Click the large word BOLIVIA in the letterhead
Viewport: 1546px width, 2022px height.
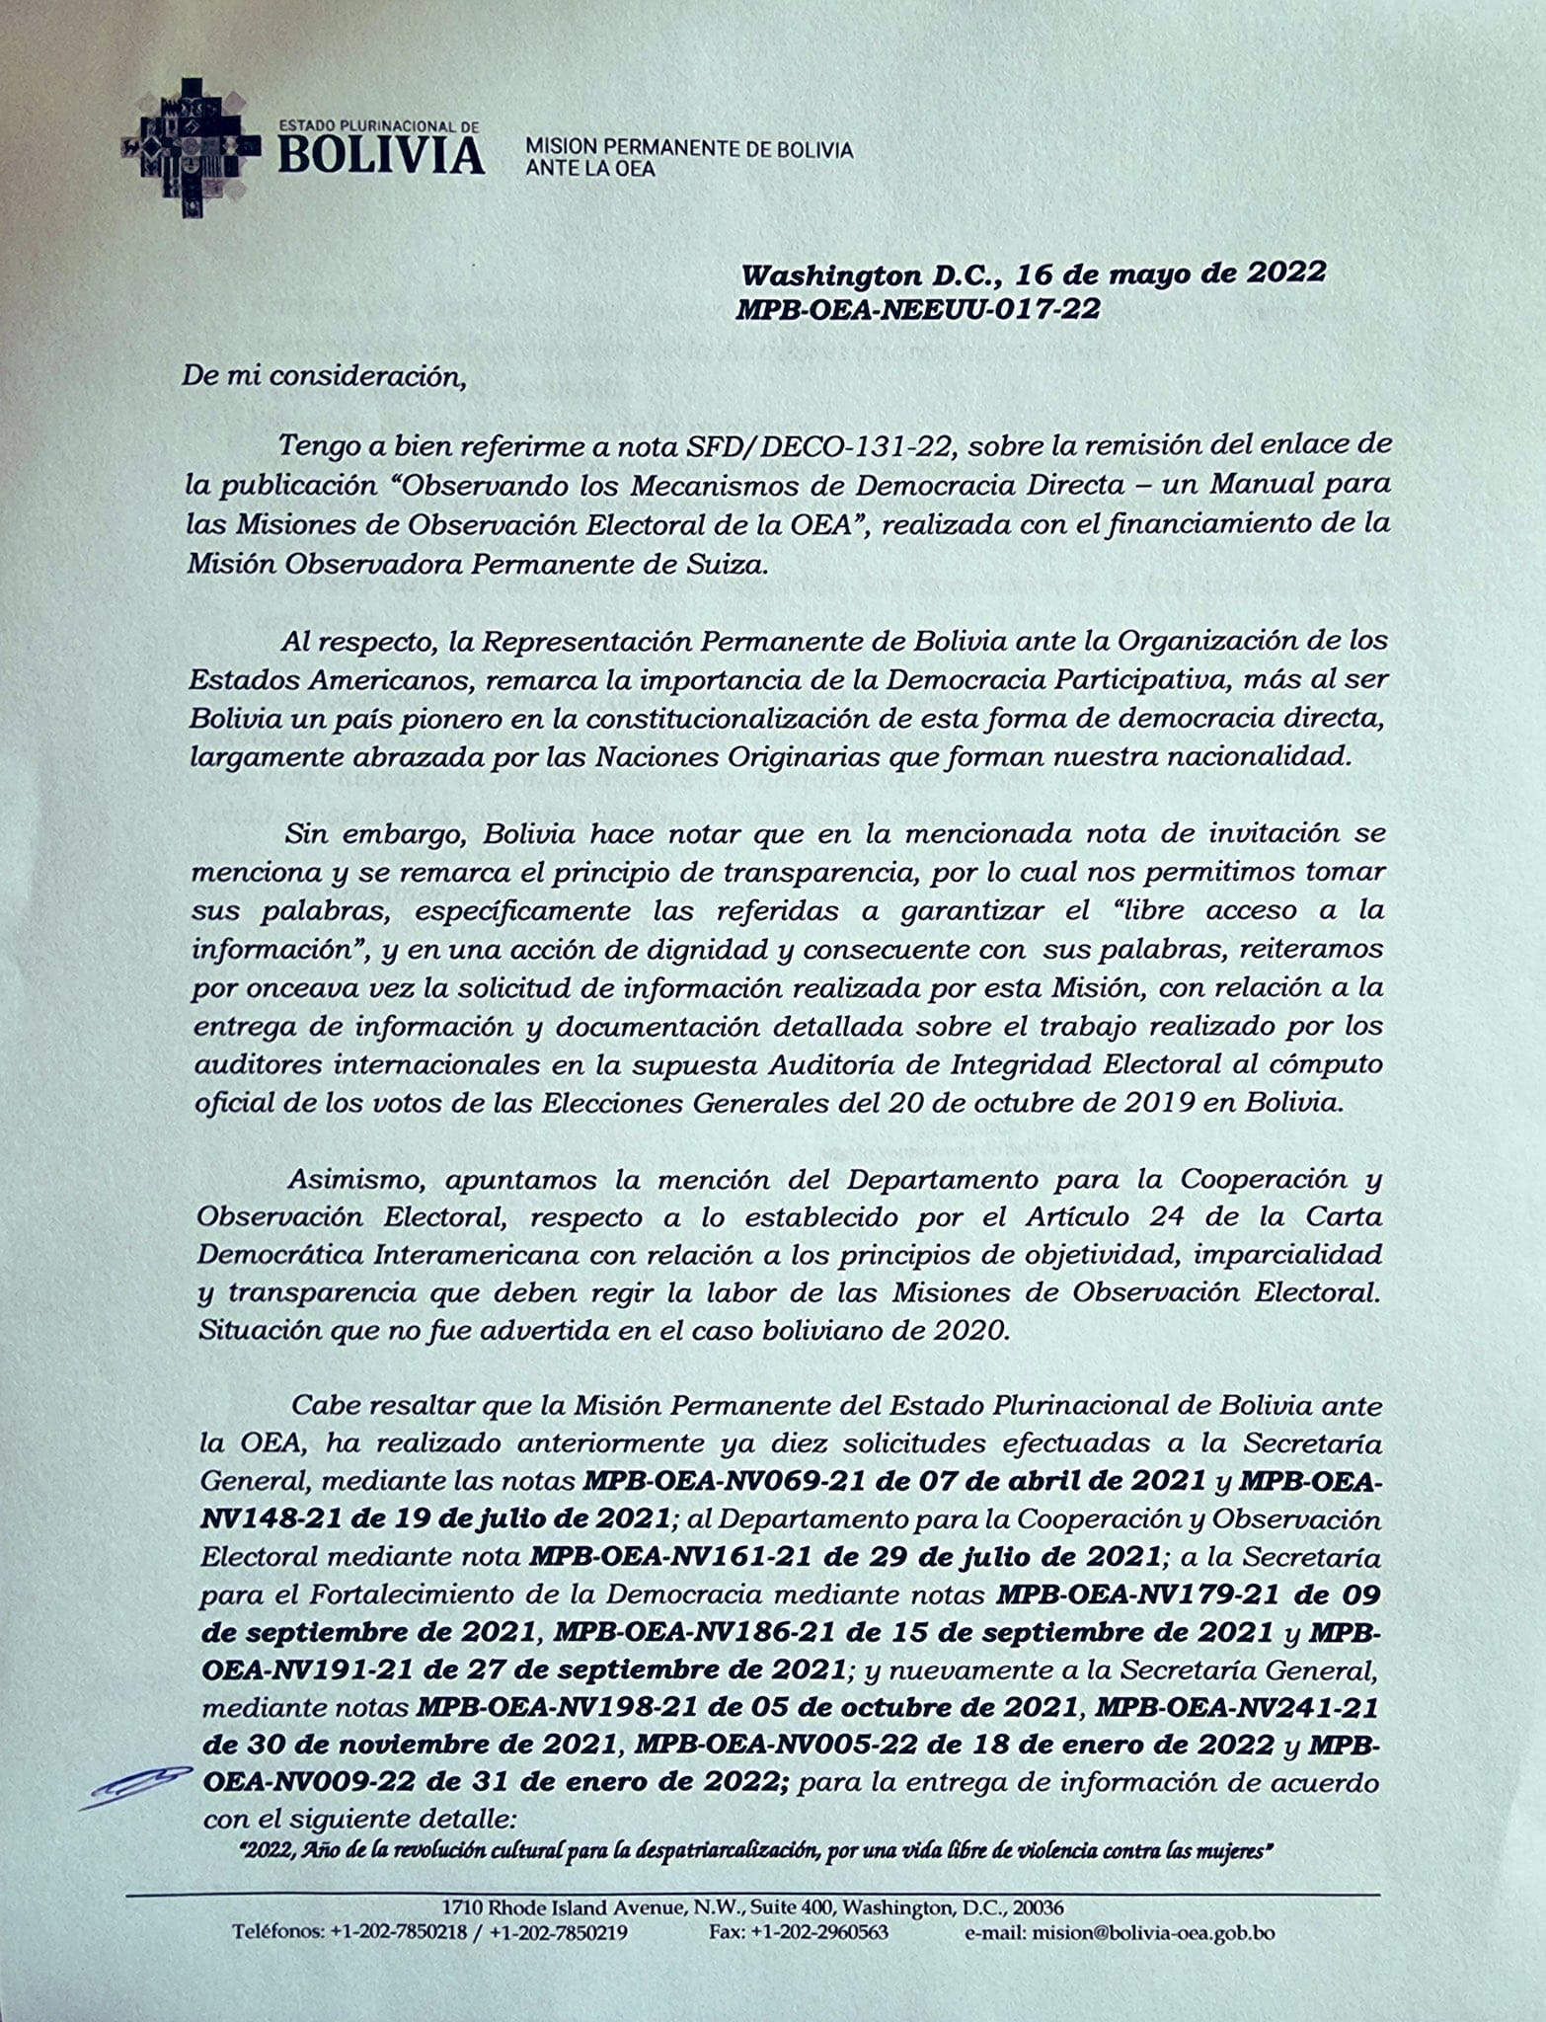pos(381,156)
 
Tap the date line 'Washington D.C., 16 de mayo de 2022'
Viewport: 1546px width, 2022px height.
pos(1033,273)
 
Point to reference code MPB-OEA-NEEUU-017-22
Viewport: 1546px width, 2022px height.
pos(918,309)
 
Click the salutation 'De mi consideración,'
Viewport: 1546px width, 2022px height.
pos(322,378)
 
